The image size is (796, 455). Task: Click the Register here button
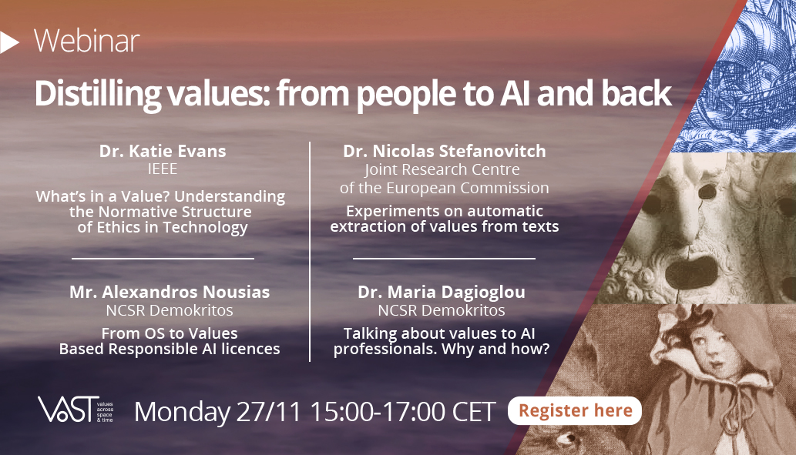pyautogui.click(x=574, y=411)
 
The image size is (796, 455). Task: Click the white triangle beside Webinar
pyautogui.click(x=10, y=42)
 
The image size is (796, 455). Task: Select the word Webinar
pyautogui.click(x=86, y=42)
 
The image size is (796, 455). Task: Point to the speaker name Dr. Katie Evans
pyautogui.click(x=161, y=152)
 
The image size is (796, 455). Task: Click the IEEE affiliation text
pyautogui.click(x=161, y=169)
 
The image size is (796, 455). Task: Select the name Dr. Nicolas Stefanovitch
pyautogui.click(x=443, y=152)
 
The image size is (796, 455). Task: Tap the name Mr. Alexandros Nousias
pyautogui.click(x=169, y=292)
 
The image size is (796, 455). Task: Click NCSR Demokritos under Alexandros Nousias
pyautogui.click(x=169, y=310)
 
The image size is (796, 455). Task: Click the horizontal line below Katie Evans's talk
pyautogui.click(x=163, y=259)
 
